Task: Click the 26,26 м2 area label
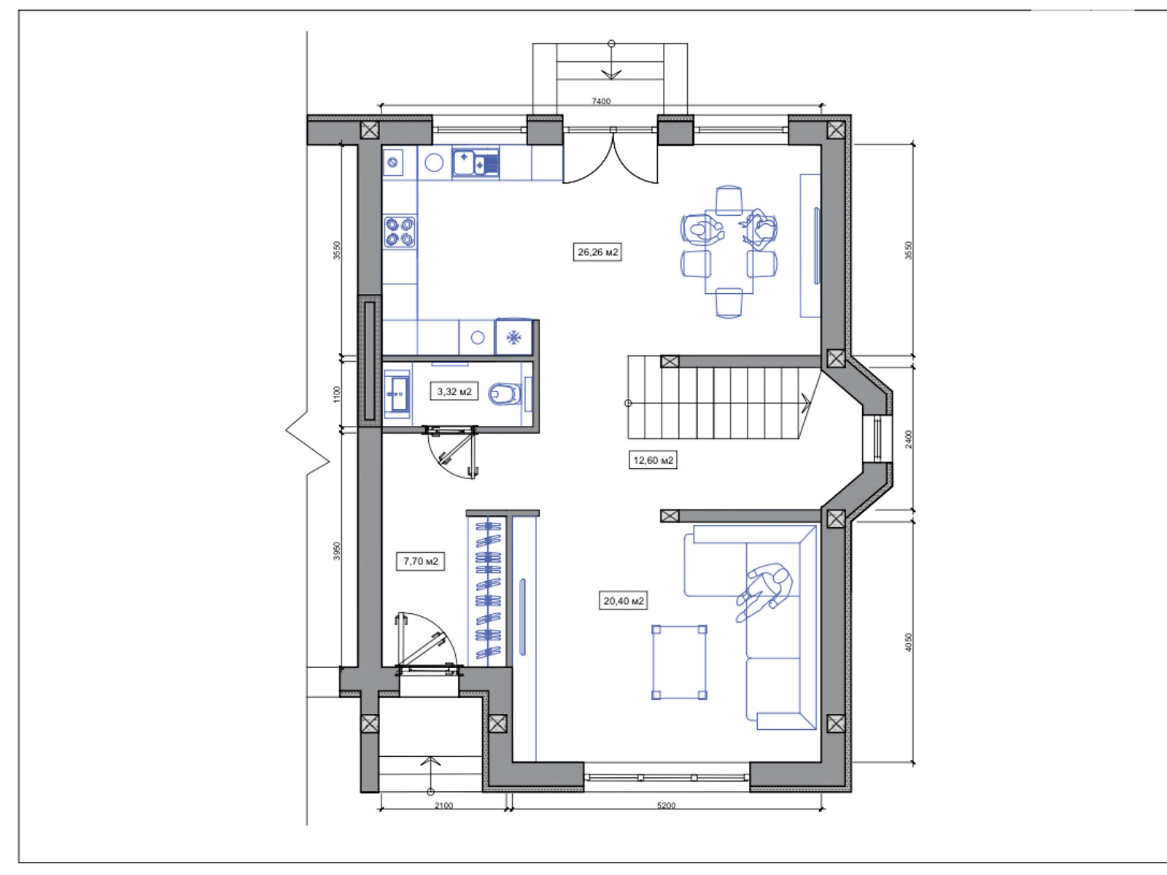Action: click(597, 252)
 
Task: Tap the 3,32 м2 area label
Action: click(454, 392)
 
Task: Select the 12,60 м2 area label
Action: click(653, 460)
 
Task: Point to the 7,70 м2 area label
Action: click(421, 561)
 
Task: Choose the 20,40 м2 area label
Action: click(624, 601)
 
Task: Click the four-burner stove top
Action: click(400, 232)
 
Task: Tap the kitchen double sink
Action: click(476, 162)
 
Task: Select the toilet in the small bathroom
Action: click(504, 394)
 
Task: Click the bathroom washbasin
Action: click(398, 394)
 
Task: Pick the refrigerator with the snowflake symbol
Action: click(513, 337)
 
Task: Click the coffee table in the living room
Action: click(680, 662)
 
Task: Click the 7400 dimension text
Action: click(601, 101)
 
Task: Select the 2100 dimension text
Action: click(444, 806)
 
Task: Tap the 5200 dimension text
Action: click(666, 806)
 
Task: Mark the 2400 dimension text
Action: click(909, 440)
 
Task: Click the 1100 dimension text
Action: click(336, 394)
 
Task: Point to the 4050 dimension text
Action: click(909, 642)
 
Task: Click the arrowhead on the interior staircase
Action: click(806, 403)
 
